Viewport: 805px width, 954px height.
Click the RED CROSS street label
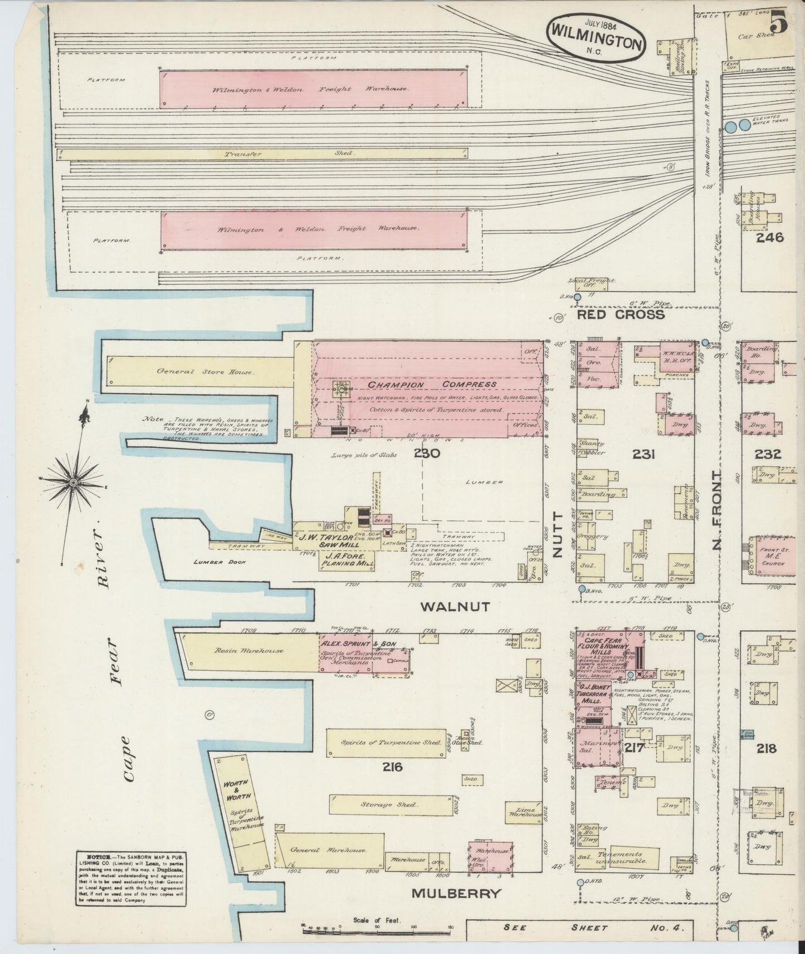[x=621, y=314]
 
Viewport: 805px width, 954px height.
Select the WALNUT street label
[x=455, y=607]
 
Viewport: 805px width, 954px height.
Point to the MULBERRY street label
[x=456, y=894]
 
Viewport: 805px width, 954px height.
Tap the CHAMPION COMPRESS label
[x=431, y=384]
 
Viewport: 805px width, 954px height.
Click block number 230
[x=427, y=454]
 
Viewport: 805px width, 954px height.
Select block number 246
[x=769, y=238]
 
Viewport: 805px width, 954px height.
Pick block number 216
[x=392, y=768]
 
